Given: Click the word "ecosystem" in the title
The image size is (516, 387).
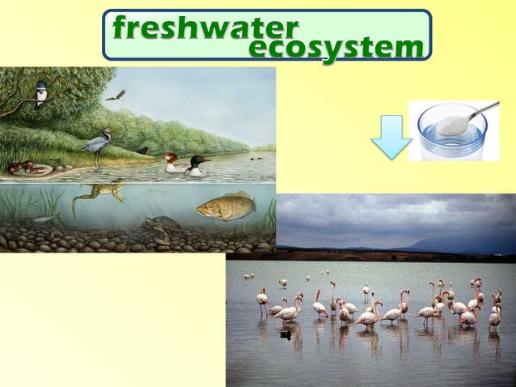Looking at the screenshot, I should click(x=336, y=48).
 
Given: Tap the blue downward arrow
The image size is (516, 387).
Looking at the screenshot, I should click(x=391, y=136).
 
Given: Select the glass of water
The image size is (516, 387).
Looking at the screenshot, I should click(x=452, y=134).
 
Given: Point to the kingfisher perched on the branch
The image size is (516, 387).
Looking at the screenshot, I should click(x=40, y=93).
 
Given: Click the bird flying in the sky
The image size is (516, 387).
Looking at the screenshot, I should click(x=116, y=96).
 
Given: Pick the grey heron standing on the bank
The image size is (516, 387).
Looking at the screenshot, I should click(x=99, y=147).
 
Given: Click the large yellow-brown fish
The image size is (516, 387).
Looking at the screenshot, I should click(x=226, y=207).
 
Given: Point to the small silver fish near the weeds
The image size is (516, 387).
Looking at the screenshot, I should click(x=46, y=218).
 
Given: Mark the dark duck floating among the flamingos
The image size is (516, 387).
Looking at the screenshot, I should click(x=285, y=334).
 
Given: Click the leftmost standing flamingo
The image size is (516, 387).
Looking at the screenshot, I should click(x=262, y=301).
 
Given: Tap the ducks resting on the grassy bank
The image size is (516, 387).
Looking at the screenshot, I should click(x=28, y=168).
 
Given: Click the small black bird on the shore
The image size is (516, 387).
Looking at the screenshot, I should click(x=143, y=150).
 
